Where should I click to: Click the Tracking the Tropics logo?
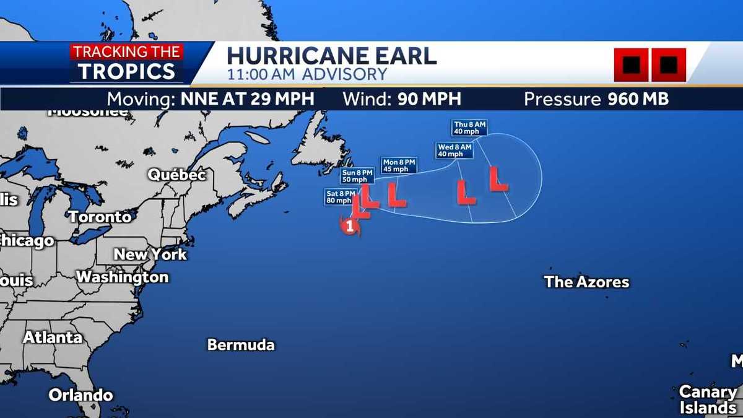128,63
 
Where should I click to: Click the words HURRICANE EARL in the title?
331,56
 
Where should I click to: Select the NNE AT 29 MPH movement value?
247,99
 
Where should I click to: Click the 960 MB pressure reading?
638,99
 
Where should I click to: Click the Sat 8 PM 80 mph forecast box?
341,197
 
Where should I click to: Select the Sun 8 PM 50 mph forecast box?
357,176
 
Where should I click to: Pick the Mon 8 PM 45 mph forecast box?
399,165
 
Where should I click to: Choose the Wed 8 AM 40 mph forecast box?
454,150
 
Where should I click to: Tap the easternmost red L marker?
498,179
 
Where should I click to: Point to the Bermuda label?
240,345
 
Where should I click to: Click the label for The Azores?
586,282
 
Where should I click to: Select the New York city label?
150,255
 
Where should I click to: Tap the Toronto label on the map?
100,217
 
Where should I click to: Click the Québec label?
176,175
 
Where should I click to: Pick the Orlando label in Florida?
80,395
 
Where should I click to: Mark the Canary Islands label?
707,400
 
